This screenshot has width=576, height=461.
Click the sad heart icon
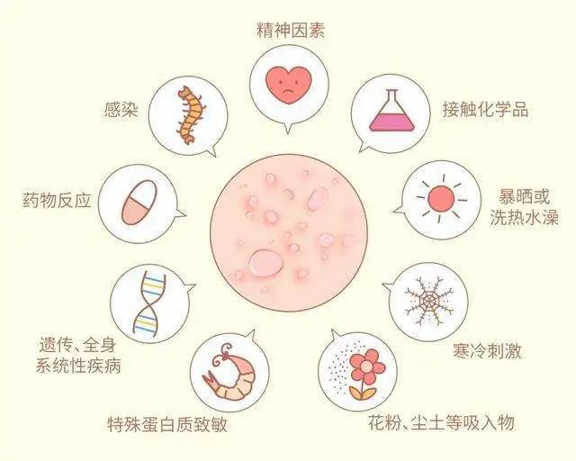(287, 83)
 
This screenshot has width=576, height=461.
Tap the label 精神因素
(289, 31)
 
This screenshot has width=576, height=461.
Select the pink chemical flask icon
(390, 112)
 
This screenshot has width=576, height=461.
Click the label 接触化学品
(485, 110)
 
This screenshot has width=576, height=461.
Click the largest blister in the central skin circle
(266, 262)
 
